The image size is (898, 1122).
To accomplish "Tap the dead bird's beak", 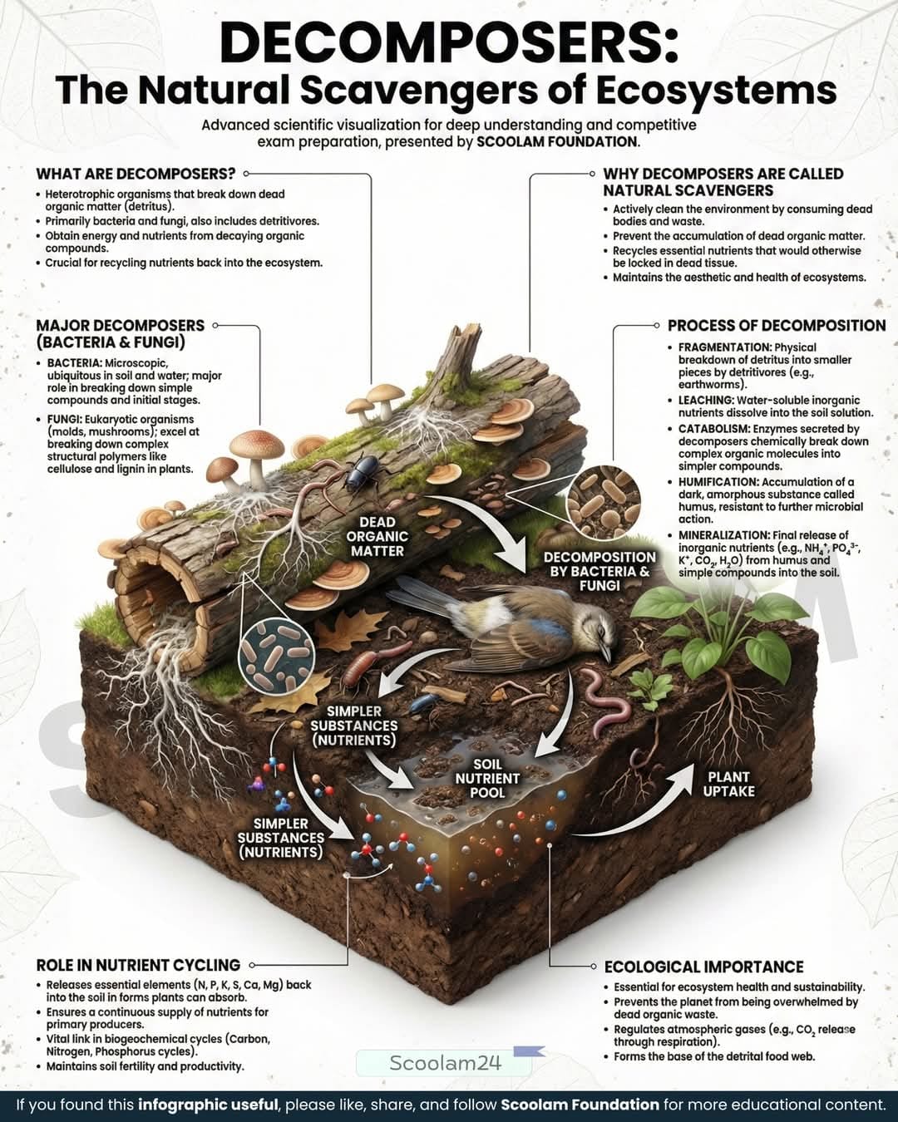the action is click(606, 653).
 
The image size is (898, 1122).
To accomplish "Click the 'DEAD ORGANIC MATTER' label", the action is click(377, 537).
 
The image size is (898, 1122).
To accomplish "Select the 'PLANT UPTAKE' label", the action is click(728, 784).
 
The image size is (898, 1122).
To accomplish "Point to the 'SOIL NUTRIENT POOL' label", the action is click(488, 779).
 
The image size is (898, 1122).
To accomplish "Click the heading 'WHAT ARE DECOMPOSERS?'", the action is click(136, 173).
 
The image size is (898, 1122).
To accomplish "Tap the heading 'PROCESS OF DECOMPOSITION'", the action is click(777, 326).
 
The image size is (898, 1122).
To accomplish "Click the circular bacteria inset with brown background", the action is click(604, 501).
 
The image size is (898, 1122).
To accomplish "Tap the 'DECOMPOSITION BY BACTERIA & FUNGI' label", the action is click(599, 572).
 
